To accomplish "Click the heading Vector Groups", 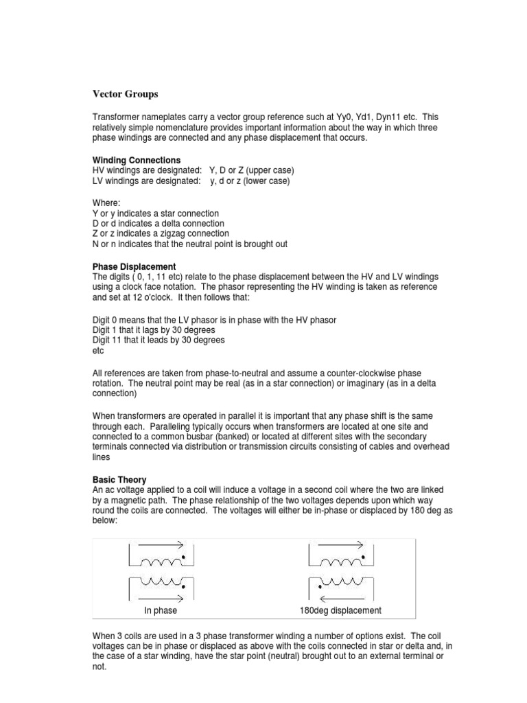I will pyautogui.click(x=125, y=94).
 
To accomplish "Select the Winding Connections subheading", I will pyautogui.click(x=137, y=161).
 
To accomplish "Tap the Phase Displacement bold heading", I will pyautogui.click(x=134, y=266).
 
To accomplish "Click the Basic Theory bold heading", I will pyautogui.click(x=119, y=479).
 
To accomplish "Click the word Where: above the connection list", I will pyautogui.click(x=106, y=203).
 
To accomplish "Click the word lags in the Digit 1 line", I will pyautogui.click(x=145, y=330).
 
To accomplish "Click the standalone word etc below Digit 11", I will pyautogui.click(x=98, y=351).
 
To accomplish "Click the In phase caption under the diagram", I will pyautogui.click(x=161, y=610).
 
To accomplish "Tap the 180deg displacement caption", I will pyautogui.click(x=340, y=610).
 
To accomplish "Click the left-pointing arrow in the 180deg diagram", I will pyautogui.click(x=340, y=597).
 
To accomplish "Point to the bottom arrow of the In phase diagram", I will pyautogui.click(x=162, y=597).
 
